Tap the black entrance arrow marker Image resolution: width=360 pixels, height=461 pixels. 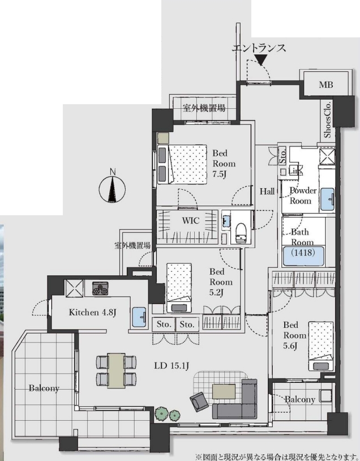click(262, 59)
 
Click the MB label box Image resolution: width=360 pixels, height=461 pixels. click(326, 85)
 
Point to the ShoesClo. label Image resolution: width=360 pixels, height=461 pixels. click(327, 119)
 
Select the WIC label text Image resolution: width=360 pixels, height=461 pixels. click(190, 220)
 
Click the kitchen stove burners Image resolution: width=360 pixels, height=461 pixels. click(100, 288)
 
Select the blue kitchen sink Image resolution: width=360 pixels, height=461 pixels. click(139, 317)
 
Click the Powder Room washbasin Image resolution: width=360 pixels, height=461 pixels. click(327, 199)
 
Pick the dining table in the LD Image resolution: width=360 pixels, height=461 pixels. click(116, 370)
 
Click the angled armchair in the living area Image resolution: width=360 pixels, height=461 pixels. click(199, 402)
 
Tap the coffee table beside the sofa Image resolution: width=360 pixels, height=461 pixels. click(224, 391)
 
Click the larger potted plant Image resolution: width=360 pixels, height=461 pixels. click(161, 413)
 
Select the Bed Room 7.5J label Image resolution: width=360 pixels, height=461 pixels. click(224, 164)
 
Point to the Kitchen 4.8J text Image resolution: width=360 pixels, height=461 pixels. click(93, 312)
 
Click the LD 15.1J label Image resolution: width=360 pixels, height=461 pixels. click(172, 366)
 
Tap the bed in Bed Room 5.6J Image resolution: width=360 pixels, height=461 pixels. click(320, 346)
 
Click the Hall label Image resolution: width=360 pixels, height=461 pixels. click(267, 191)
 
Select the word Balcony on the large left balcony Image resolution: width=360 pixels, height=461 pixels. click(44, 389)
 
